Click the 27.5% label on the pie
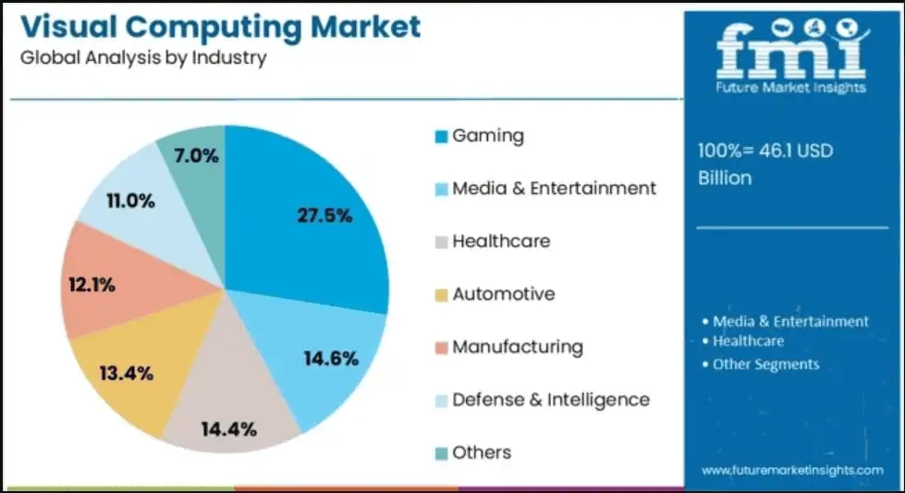(x=324, y=216)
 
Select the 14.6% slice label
(x=331, y=359)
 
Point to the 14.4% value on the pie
(x=228, y=429)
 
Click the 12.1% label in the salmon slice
(x=92, y=285)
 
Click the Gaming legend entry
(x=487, y=136)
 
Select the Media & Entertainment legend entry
(x=553, y=189)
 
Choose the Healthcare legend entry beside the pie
(x=500, y=241)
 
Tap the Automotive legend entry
(x=503, y=294)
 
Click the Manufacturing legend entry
(x=517, y=347)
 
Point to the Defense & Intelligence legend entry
(x=550, y=400)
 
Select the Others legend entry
(x=481, y=452)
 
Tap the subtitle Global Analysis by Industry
(x=142, y=57)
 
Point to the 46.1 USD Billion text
(x=765, y=164)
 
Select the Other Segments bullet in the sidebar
(x=765, y=364)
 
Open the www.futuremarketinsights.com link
(x=792, y=471)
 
